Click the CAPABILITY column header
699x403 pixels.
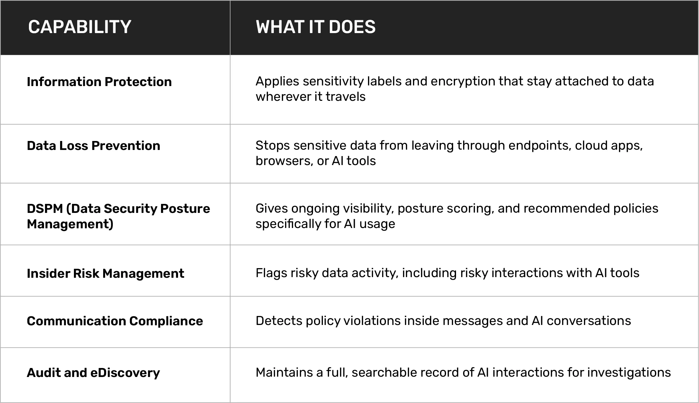pos(80,27)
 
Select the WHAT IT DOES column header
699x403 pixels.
pos(316,27)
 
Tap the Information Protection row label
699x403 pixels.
pos(99,82)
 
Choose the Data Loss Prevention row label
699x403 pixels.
pos(94,146)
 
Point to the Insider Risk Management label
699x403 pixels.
pos(105,274)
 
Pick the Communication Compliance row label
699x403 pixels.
pos(115,321)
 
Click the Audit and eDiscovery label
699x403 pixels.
pos(93,373)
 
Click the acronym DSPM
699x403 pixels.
pos(45,209)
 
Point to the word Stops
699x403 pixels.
pos(273,146)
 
